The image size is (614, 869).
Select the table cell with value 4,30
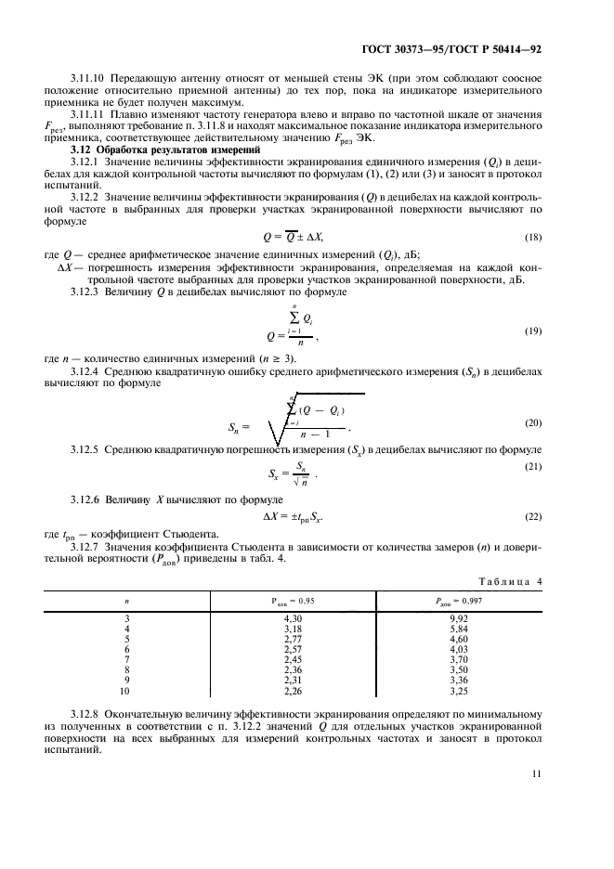294,617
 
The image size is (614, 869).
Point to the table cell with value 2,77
294,638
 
